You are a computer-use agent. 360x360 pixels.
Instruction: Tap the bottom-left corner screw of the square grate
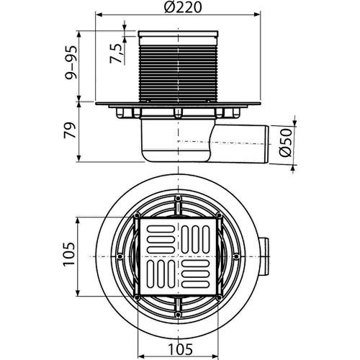(137, 297)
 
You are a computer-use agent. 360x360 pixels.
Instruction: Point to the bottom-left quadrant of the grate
(158, 276)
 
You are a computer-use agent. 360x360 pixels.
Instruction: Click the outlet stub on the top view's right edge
(268, 256)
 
